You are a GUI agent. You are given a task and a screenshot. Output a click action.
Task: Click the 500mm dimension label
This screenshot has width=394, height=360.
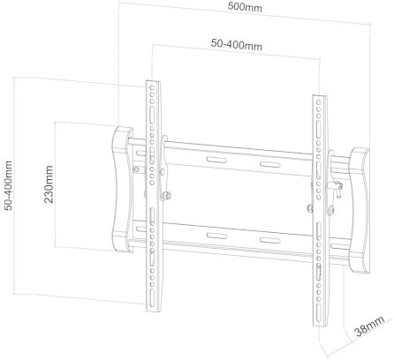[x=245, y=7]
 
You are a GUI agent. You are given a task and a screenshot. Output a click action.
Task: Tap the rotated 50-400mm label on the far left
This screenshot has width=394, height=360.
[x=9, y=185]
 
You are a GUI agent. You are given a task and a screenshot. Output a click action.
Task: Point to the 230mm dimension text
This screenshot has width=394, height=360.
[x=49, y=184]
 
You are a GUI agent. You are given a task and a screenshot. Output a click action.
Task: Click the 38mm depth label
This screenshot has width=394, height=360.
[x=370, y=326]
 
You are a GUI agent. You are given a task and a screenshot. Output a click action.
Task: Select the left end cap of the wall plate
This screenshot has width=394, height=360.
[x=121, y=189]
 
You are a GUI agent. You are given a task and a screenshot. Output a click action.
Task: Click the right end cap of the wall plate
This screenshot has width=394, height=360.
[x=360, y=210]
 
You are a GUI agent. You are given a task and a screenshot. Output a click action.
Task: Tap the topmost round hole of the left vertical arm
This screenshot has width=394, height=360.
[x=152, y=87]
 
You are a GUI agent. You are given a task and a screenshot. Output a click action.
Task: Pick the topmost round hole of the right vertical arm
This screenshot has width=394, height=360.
[x=318, y=102]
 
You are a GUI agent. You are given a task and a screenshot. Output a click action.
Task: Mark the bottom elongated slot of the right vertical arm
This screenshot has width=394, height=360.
[x=319, y=313]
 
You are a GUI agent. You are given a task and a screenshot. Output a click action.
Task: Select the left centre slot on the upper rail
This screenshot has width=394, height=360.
[x=216, y=160]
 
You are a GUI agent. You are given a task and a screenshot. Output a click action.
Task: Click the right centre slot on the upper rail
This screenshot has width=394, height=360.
[x=269, y=164]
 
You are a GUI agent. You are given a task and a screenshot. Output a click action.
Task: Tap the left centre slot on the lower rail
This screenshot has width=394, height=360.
[x=216, y=236]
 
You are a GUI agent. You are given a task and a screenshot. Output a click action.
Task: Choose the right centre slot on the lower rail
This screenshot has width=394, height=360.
[x=270, y=240]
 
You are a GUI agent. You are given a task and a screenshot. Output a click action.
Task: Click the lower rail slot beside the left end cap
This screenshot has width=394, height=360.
[x=141, y=229]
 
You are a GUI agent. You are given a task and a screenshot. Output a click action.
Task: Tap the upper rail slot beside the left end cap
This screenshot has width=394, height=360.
[x=141, y=154]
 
